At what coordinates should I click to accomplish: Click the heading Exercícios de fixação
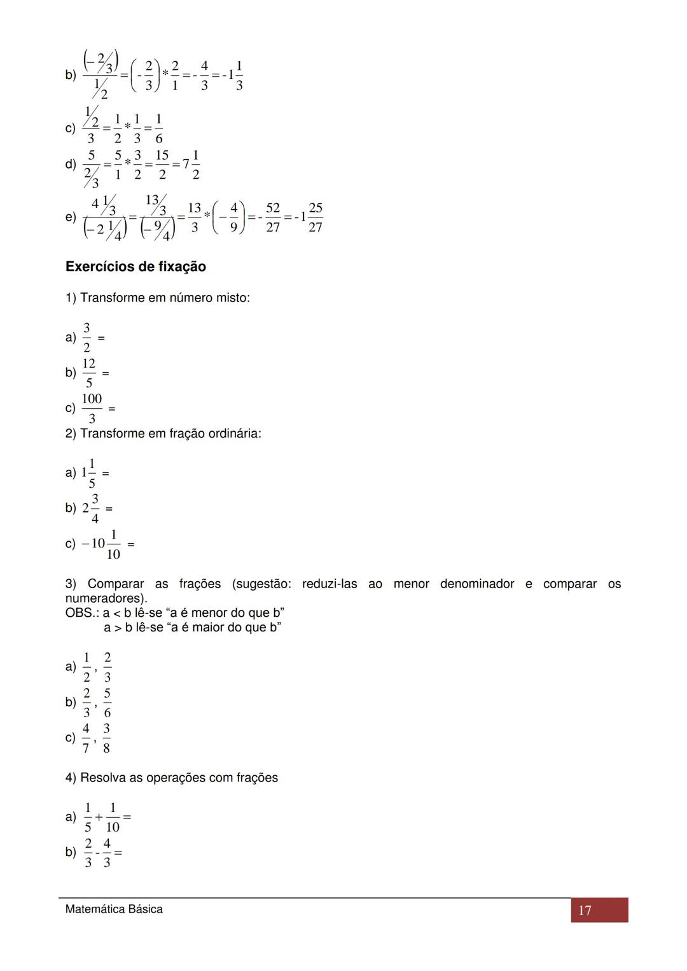135,267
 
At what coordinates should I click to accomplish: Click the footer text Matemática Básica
114,909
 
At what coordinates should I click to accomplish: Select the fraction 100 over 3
92,408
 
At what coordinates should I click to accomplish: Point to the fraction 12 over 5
88,373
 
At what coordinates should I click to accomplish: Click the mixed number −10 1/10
102,544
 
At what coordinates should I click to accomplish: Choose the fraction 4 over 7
86,738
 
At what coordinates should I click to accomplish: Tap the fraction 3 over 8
106,738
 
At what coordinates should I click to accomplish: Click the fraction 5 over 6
107,703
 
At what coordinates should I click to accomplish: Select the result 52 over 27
273,217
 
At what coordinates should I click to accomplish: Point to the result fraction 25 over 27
315,217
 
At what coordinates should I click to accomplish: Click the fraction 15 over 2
162,164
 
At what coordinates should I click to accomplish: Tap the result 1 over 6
158,128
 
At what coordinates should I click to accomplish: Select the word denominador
476,584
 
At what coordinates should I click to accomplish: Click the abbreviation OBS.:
82,613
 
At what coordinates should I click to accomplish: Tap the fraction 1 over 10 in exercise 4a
113,817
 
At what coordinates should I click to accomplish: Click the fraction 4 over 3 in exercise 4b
106,852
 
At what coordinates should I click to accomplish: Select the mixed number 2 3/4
91,509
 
